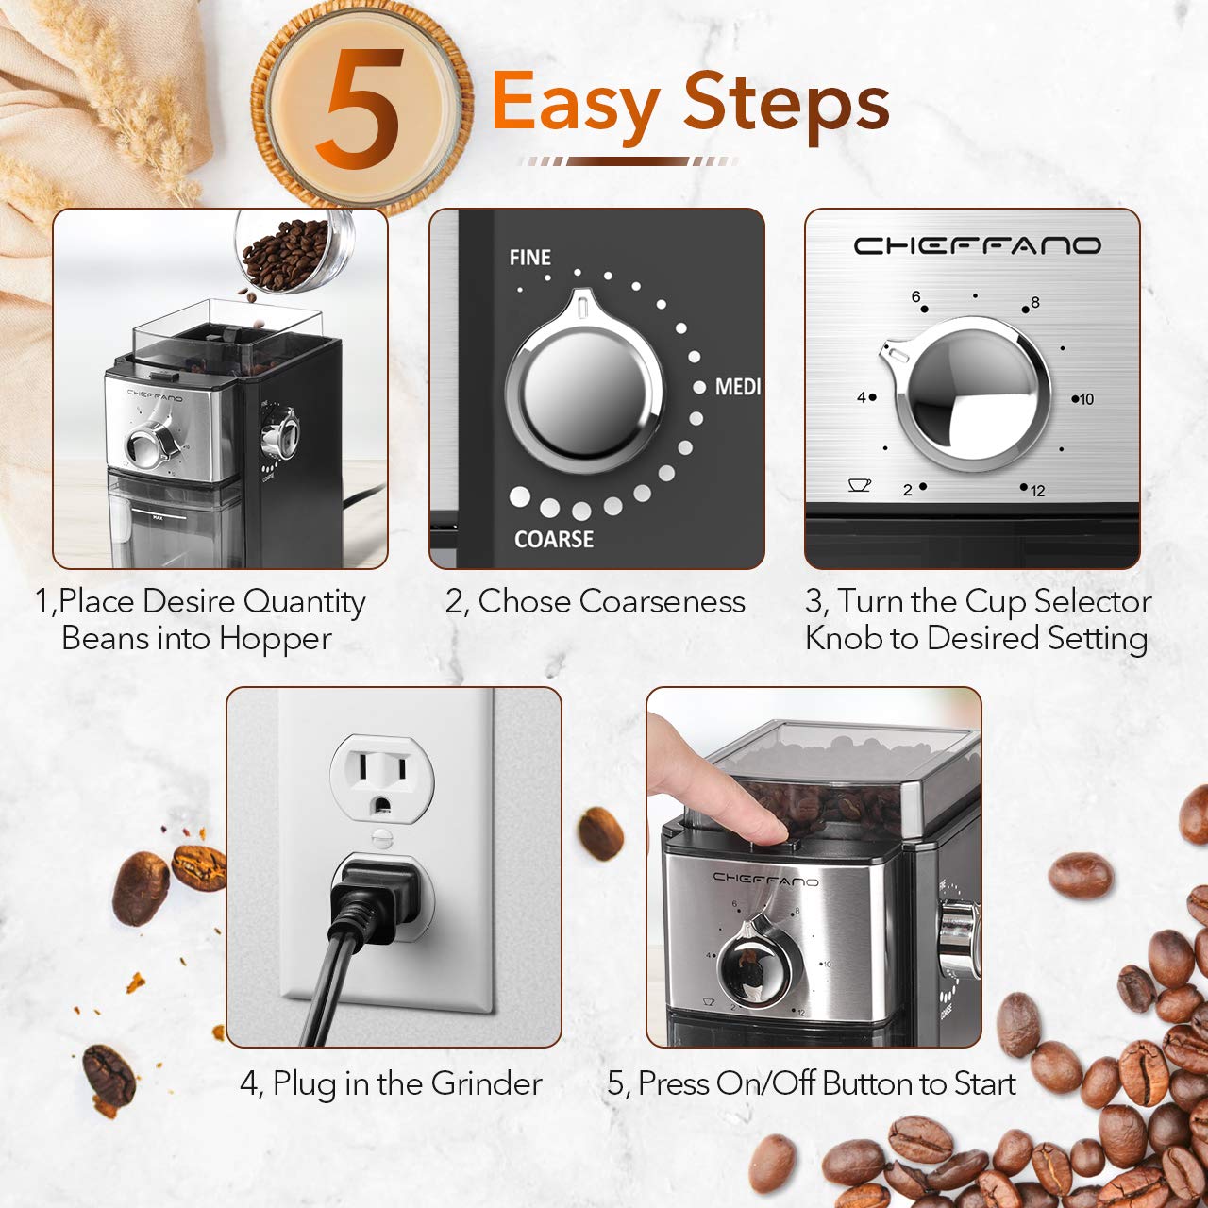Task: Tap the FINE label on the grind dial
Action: [529, 257]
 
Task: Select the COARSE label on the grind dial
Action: [554, 539]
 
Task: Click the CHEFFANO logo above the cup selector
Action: [977, 246]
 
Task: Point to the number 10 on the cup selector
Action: [1086, 399]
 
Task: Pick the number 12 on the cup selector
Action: [1037, 491]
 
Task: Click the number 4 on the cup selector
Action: [861, 398]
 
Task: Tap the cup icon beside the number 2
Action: [859, 485]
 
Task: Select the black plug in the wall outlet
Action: [370, 898]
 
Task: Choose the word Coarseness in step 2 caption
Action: [662, 601]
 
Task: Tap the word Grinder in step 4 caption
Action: [486, 1083]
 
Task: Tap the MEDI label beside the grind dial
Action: [737, 387]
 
